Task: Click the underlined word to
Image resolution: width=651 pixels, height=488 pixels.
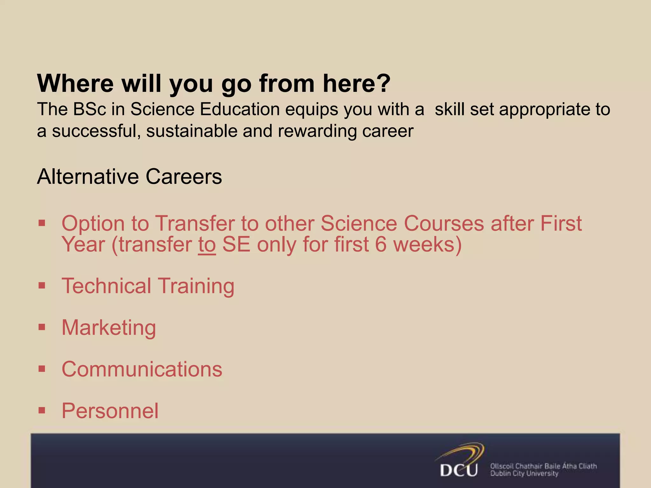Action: pyautogui.click(x=207, y=245)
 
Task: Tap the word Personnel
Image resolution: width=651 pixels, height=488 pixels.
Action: pyautogui.click(x=110, y=411)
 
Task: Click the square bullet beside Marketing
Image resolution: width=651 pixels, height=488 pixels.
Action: pyautogui.click(x=42, y=327)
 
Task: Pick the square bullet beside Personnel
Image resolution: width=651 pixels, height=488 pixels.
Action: pyautogui.click(x=42, y=410)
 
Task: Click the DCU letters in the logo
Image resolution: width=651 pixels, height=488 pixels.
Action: pyautogui.click(x=459, y=470)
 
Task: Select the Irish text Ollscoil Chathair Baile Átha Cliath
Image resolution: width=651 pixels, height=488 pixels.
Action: pyautogui.click(x=543, y=466)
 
